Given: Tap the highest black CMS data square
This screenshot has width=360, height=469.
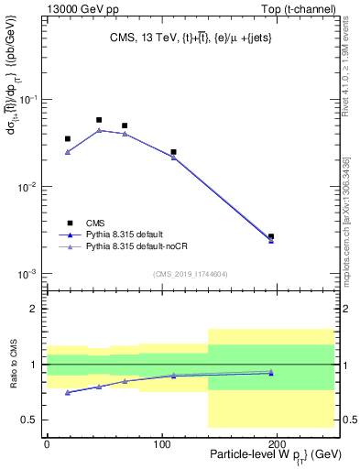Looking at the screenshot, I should (x=99, y=120).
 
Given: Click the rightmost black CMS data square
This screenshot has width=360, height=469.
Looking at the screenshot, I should (x=270, y=236).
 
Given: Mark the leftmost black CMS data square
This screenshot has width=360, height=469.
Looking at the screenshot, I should (x=68, y=139).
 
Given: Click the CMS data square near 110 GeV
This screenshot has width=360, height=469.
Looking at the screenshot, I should (x=173, y=152).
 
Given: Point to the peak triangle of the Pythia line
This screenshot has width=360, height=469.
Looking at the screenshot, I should (x=99, y=130).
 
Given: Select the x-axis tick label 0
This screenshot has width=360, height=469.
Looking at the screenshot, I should (x=47, y=442).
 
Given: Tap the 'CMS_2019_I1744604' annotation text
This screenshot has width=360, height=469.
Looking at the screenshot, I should (x=190, y=274).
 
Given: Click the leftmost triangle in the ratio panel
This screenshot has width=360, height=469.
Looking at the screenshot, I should (x=68, y=392).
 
